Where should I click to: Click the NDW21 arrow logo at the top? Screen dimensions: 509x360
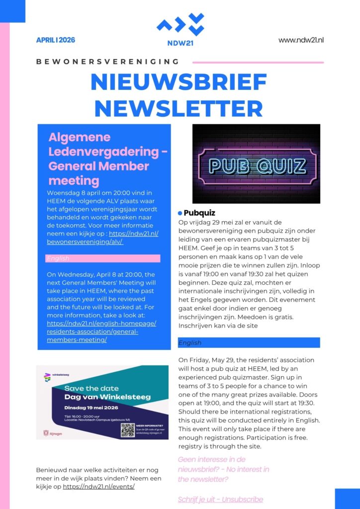pyautogui.click(x=180, y=25)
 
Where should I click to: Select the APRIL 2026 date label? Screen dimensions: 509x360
pyautogui.click(x=56, y=40)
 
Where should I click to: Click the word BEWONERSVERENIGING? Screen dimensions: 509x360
pyautogui.click(x=107, y=62)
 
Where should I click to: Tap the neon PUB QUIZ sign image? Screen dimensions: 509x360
pyautogui.click(x=256, y=164)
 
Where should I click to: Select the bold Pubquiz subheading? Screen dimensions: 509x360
pyautogui.click(x=199, y=213)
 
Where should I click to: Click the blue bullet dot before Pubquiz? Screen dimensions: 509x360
pyautogui.click(x=180, y=213)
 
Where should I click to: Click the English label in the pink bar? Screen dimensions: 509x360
pyautogui.click(x=58, y=258)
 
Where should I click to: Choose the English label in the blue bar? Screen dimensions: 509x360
pyautogui.click(x=190, y=342)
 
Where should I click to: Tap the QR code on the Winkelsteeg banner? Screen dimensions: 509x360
pyautogui.click(x=128, y=429)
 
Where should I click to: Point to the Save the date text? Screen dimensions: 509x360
pyautogui.click(x=91, y=388)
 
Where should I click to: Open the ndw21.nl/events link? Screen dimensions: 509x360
pyautogui.click(x=98, y=487)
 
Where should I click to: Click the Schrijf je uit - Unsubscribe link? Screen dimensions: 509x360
pyautogui.click(x=220, y=500)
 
